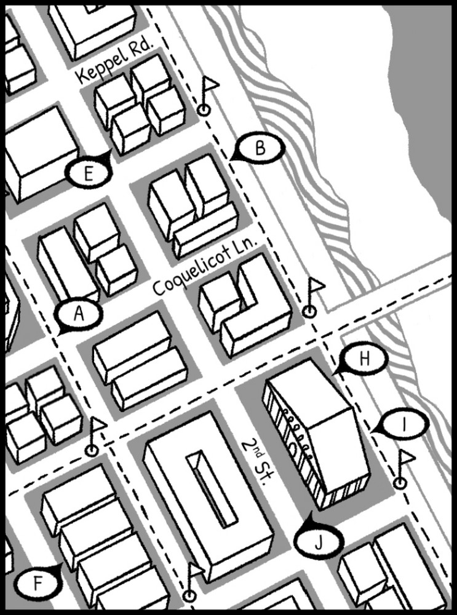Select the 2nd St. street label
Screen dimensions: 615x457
(253, 461)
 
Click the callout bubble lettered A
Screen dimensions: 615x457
(78, 314)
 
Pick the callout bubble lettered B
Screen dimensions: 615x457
(260, 148)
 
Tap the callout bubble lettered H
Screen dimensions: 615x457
(364, 360)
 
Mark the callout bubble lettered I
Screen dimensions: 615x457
(403, 424)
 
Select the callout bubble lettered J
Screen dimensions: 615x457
(319, 541)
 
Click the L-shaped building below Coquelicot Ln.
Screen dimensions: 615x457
(246, 307)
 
